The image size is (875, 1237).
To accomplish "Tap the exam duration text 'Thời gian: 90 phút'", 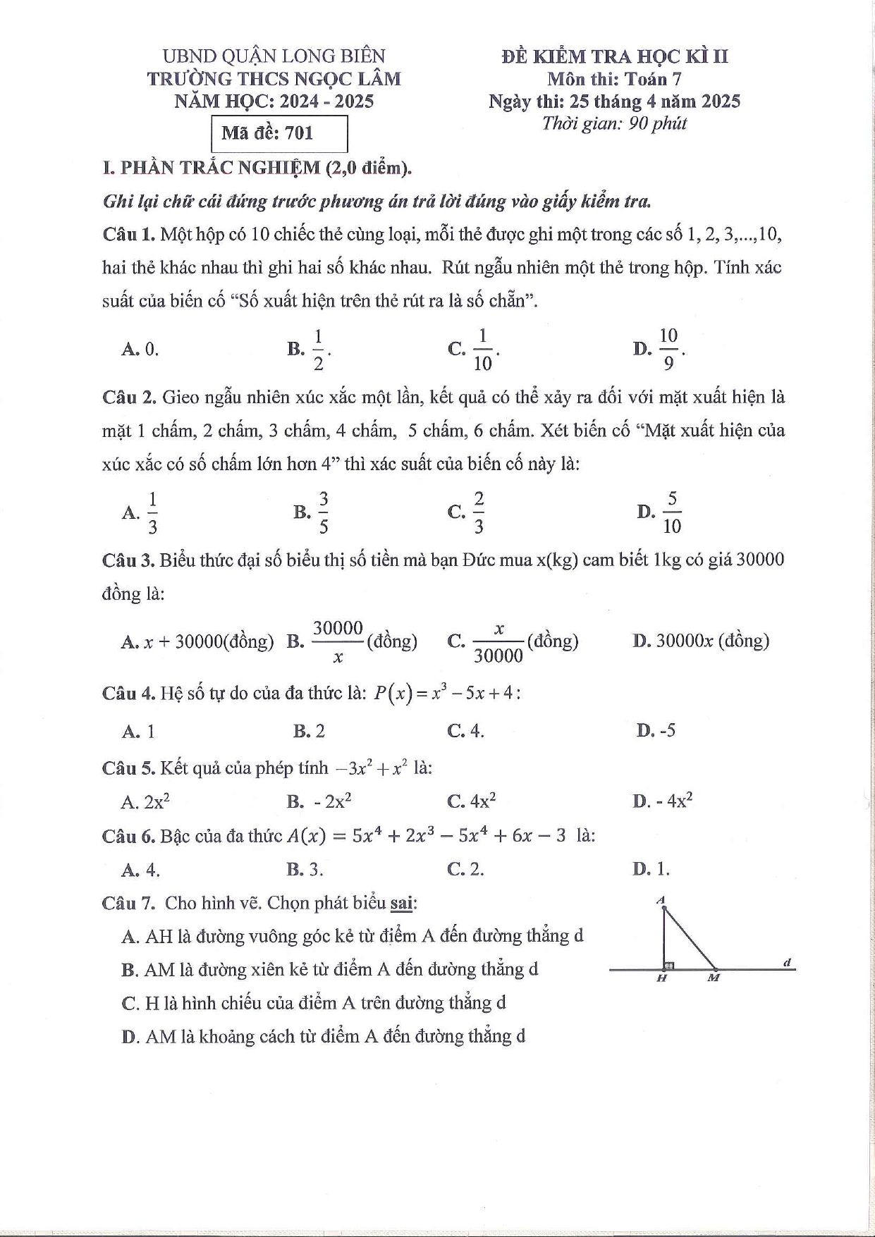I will click(x=614, y=123).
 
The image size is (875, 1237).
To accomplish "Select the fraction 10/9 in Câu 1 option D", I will click(x=668, y=348).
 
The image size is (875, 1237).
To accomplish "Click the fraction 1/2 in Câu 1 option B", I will click(x=318, y=348).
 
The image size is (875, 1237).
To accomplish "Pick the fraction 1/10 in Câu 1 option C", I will click(x=483, y=348).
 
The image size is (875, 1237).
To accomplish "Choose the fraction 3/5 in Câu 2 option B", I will click(x=324, y=512).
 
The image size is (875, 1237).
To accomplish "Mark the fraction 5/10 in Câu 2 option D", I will click(x=672, y=512).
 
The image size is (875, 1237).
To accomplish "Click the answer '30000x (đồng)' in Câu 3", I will click(x=712, y=641).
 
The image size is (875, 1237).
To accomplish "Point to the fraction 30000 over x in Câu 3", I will click(x=338, y=641).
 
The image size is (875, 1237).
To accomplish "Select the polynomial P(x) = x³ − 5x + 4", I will click(x=446, y=693).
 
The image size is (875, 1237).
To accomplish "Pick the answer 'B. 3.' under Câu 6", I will click(x=305, y=869).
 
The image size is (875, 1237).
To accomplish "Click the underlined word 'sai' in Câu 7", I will click(x=402, y=903).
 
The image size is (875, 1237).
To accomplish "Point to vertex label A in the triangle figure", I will click(x=661, y=899).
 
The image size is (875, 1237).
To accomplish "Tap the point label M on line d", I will click(x=714, y=978).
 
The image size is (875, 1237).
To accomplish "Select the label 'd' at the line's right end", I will click(x=787, y=961).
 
